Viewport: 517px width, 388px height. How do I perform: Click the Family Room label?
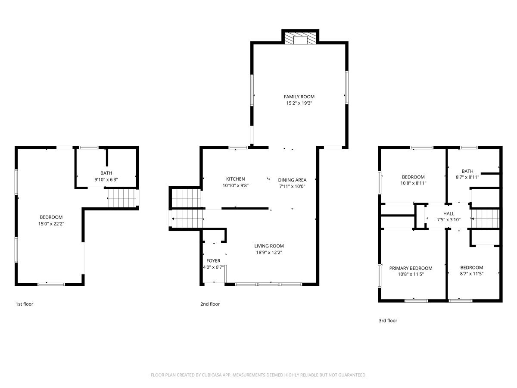pos(299,97)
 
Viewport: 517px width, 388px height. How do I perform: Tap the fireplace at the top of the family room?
pos(300,38)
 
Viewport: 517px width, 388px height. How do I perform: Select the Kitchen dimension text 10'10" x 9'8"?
pos(235,185)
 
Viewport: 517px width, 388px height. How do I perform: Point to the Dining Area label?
pos(292,180)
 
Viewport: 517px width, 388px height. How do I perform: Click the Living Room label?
pos(269,246)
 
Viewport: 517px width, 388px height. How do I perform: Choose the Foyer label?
pos(213,261)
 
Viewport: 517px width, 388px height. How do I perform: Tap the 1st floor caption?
pos(25,304)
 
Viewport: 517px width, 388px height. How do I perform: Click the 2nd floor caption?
pos(210,304)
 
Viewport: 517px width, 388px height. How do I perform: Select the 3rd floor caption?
pos(388,320)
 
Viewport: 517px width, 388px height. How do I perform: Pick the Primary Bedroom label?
pos(411,268)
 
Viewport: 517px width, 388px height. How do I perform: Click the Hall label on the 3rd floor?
pos(448,214)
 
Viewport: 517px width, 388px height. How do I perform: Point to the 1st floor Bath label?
pos(106,173)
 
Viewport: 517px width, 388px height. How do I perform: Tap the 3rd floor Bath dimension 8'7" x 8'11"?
pos(467,177)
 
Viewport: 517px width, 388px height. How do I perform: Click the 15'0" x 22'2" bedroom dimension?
pos(51,224)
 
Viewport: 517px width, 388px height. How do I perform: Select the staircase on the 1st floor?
pos(122,198)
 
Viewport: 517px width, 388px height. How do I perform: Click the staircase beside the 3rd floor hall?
pos(485,219)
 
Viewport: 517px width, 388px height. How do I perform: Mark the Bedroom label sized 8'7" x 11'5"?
pos(471,268)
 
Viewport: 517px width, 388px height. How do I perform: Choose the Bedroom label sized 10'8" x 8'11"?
pos(413,177)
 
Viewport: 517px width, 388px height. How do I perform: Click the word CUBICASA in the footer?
pos(212,375)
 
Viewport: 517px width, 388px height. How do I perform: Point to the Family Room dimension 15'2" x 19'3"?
pos(299,103)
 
